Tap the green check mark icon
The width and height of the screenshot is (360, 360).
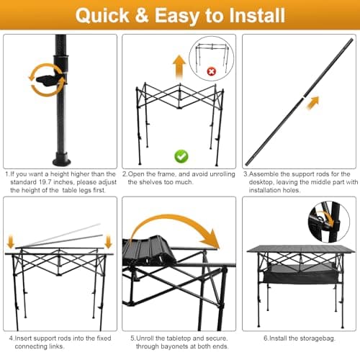click(181, 156)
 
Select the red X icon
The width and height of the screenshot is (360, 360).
click(212, 72)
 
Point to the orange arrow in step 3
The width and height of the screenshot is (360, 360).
click(312, 104)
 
